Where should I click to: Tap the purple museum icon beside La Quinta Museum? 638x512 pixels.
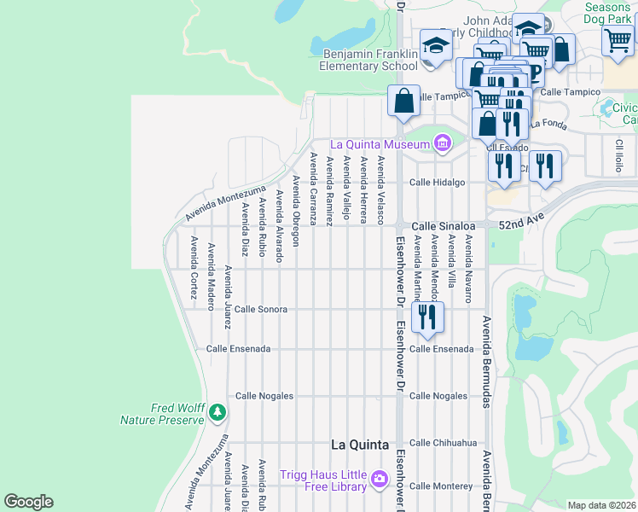point(442,143)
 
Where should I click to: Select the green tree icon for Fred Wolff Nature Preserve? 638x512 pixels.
point(218,413)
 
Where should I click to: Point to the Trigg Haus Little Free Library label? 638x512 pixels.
point(324,480)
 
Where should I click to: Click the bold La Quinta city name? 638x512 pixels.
point(359,445)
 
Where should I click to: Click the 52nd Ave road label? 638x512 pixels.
point(521,224)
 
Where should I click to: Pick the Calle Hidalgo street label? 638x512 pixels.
point(438,183)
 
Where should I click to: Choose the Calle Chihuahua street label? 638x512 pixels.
point(443,443)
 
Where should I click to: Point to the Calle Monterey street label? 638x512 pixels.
point(440,486)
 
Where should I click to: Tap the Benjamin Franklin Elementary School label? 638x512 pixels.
point(369,59)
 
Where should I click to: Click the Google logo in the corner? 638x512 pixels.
point(28,502)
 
